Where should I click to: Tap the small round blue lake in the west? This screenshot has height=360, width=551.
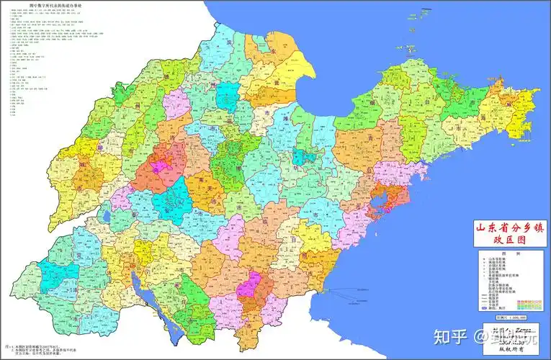point(107,213)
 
